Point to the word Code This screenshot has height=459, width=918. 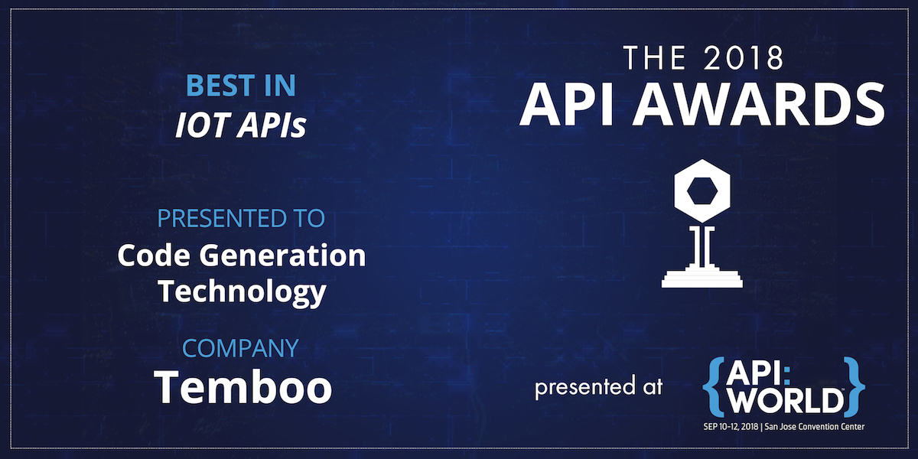tap(148, 256)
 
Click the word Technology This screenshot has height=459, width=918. tap(241, 291)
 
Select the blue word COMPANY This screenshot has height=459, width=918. tap(240, 349)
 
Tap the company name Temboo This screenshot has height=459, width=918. tap(243, 388)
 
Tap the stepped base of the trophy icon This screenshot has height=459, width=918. tap(702, 277)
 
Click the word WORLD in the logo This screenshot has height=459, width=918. tap(786, 401)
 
